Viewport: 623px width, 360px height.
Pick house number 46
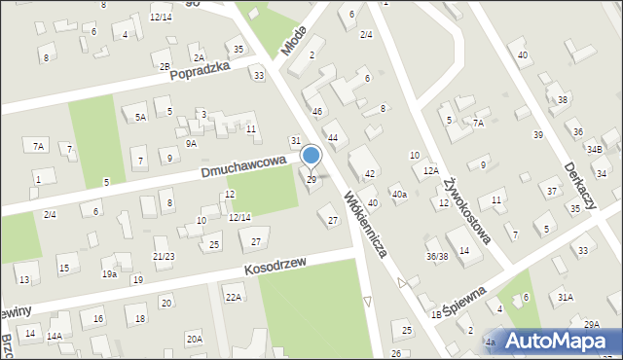pos(316,112)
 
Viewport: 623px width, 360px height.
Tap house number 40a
pos(399,195)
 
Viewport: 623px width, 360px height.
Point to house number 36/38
pos(437,257)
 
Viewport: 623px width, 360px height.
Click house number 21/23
pos(164,256)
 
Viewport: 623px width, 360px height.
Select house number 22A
pos(234,296)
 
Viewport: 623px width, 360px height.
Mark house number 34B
pos(595,148)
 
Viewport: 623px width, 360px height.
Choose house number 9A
pos(192,143)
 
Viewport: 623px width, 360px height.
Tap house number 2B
pos(165,66)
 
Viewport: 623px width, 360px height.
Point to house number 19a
pos(110,274)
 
